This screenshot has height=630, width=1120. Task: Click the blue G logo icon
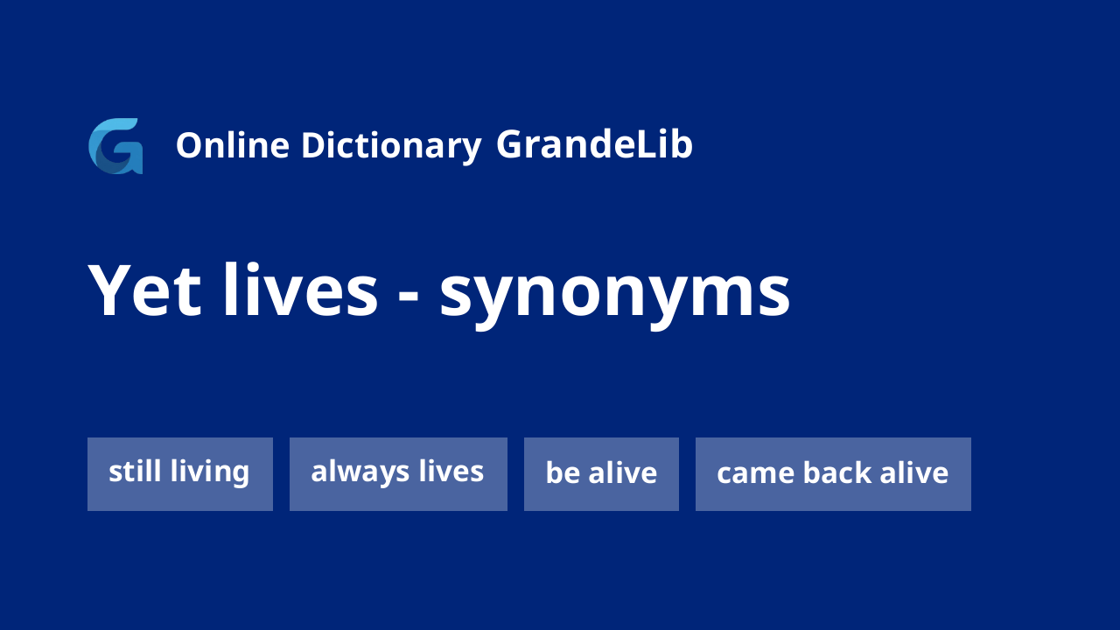pos(115,146)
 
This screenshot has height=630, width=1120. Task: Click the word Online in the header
pos(233,145)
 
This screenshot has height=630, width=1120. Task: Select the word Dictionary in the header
pos(391,147)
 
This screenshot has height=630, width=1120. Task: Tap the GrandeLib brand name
pos(594,144)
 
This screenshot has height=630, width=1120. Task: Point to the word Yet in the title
pos(144,290)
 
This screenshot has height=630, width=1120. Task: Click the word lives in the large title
pos(300,290)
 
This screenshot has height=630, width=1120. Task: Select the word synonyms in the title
pos(615,296)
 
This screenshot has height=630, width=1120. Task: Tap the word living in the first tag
pos(210,472)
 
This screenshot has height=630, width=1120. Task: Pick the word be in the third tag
pos(563,472)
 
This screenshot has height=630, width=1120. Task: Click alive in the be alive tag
pos(623,472)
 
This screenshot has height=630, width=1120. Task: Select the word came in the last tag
pos(755,474)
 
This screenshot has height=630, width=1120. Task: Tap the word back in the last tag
pos(837,472)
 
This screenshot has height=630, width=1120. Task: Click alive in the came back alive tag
pos(914,472)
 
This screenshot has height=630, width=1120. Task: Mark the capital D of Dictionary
pos(314,145)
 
